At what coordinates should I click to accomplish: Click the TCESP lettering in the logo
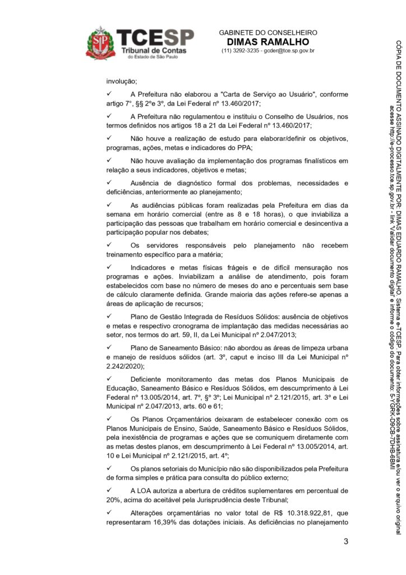pyautogui.click(x=155, y=38)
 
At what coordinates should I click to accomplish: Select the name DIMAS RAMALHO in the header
pyautogui.click(x=268, y=42)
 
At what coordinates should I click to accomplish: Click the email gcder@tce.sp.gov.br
pyautogui.click(x=289, y=51)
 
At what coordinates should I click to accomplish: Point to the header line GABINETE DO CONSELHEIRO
pyautogui.click(x=268, y=33)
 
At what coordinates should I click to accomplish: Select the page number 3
pyautogui.click(x=346, y=542)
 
